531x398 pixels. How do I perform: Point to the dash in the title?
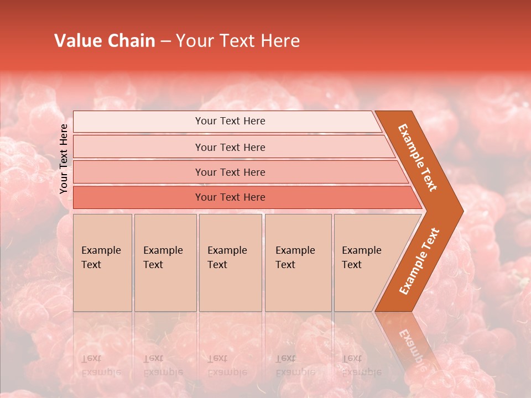tap(165, 41)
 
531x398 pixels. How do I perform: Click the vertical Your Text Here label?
tap(64, 159)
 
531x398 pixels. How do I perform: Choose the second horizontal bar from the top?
tap(230, 147)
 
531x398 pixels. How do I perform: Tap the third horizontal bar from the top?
tap(230, 172)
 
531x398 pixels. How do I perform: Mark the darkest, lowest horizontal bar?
tap(230, 197)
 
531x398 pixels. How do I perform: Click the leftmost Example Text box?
tap(102, 263)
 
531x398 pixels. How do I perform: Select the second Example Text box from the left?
tap(165, 263)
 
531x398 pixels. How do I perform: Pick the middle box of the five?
tap(230, 263)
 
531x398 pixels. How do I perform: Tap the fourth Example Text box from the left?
tap(298, 263)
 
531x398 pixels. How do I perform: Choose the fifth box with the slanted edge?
tap(365, 263)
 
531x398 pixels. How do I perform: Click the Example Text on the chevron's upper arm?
tap(418, 157)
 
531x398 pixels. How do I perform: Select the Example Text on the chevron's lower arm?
tap(419, 261)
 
